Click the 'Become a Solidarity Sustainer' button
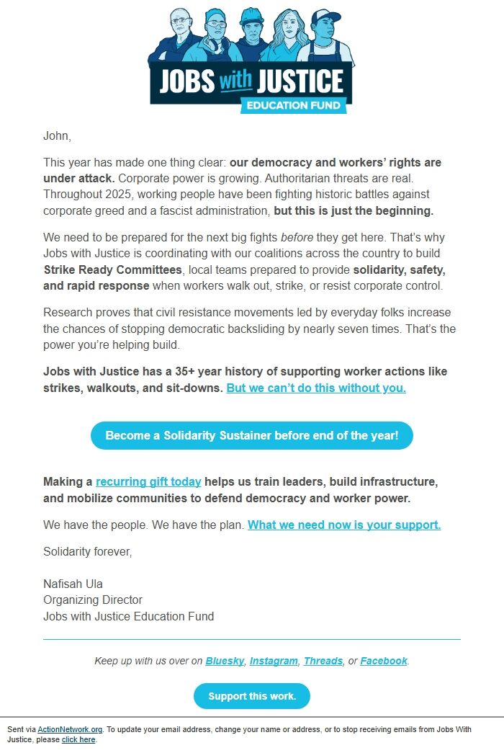click(x=251, y=436)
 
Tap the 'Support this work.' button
click(x=251, y=696)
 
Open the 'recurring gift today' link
click(x=148, y=481)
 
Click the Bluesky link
click(x=225, y=661)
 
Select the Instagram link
click(x=274, y=661)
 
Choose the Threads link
click(x=323, y=661)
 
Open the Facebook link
click(x=384, y=661)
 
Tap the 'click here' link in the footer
click(x=78, y=739)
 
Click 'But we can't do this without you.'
click(x=316, y=388)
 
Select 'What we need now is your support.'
click(x=344, y=525)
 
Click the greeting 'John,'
click(x=57, y=135)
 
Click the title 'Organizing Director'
click(x=93, y=600)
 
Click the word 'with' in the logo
click(x=235, y=81)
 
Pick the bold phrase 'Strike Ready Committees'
click(x=112, y=269)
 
